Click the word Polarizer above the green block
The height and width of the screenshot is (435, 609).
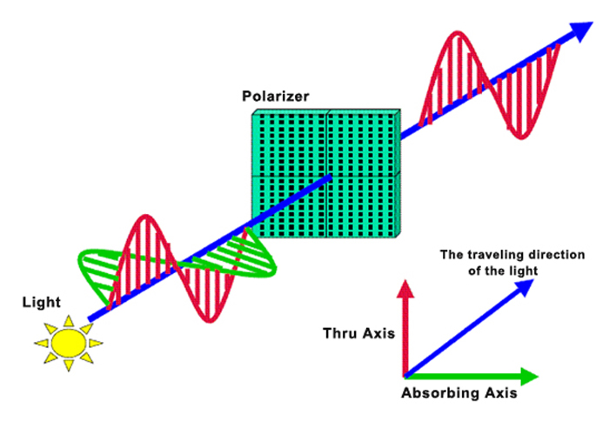click(x=276, y=96)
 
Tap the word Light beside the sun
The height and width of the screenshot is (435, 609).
click(x=42, y=302)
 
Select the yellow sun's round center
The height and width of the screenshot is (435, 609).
click(x=69, y=343)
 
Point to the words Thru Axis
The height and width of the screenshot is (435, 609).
click(x=358, y=333)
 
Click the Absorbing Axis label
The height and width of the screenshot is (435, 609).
click(x=459, y=393)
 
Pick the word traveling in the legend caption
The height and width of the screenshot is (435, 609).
click(x=493, y=255)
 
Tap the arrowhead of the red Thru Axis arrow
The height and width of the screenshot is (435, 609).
click(x=405, y=289)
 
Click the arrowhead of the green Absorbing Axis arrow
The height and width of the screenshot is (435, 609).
click(x=529, y=376)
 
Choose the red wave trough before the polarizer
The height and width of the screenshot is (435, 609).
click(x=210, y=319)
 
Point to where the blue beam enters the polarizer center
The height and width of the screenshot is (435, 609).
click(x=330, y=177)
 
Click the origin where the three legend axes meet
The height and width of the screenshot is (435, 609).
click(x=405, y=376)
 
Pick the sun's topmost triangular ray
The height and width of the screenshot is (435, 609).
click(x=69, y=321)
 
